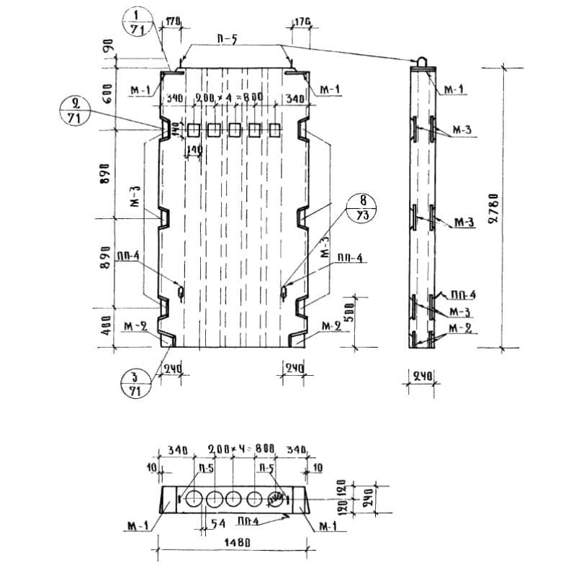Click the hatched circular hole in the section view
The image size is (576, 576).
[x=276, y=499]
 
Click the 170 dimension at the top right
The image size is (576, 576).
[x=302, y=22]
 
